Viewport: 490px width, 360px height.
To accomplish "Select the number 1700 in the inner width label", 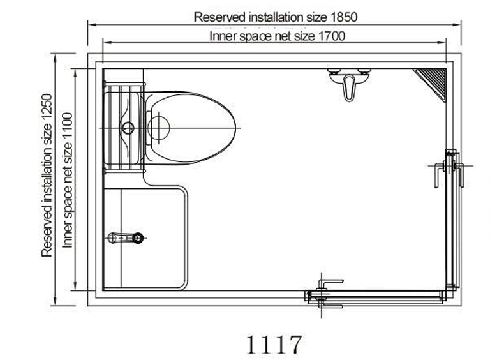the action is coord(332,36).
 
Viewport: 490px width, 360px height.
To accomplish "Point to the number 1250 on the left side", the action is coord(47,107).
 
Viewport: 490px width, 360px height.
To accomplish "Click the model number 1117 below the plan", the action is coord(274,345).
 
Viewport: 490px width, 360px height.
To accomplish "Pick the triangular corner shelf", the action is coord(434,81).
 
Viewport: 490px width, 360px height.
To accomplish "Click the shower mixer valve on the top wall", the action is coord(349,84).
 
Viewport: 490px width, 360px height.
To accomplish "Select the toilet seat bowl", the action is coord(191,128).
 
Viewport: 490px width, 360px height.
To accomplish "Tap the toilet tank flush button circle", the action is coord(128,128).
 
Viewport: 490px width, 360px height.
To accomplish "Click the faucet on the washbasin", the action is coord(126,238).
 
